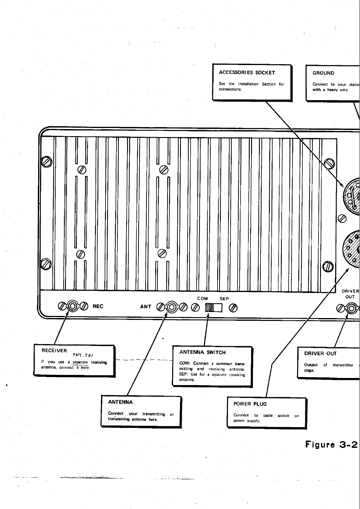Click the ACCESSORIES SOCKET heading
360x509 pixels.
(x=247, y=73)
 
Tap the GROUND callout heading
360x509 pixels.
(x=323, y=73)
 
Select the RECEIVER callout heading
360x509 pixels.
(x=54, y=350)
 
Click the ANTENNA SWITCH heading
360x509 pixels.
(x=202, y=352)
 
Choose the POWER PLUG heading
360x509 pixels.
(x=250, y=404)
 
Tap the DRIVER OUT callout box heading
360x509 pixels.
(x=320, y=353)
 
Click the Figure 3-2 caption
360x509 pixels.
(x=331, y=444)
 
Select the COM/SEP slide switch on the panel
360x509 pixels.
(x=214, y=308)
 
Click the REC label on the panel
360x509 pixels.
(x=98, y=306)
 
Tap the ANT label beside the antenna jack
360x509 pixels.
(x=146, y=307)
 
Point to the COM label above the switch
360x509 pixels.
(x=202, y=298)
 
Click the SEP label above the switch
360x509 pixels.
(x=224, y=298)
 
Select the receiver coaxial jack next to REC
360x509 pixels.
(x=73, y=306)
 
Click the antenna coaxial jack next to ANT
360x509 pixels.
(x=172, y=307)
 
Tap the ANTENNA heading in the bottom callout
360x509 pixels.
(x=120, y=402)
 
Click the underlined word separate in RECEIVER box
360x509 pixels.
(x=80, y=362)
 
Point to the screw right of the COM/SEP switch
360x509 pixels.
(x=233, y=308)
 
